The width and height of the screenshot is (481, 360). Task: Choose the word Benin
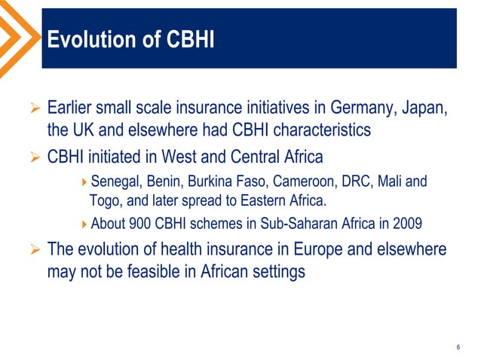click(167, 182)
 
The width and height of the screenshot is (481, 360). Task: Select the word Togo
click(105, 201)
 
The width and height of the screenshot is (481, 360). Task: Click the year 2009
click(406, 223)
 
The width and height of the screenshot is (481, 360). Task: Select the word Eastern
click(259, 201)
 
